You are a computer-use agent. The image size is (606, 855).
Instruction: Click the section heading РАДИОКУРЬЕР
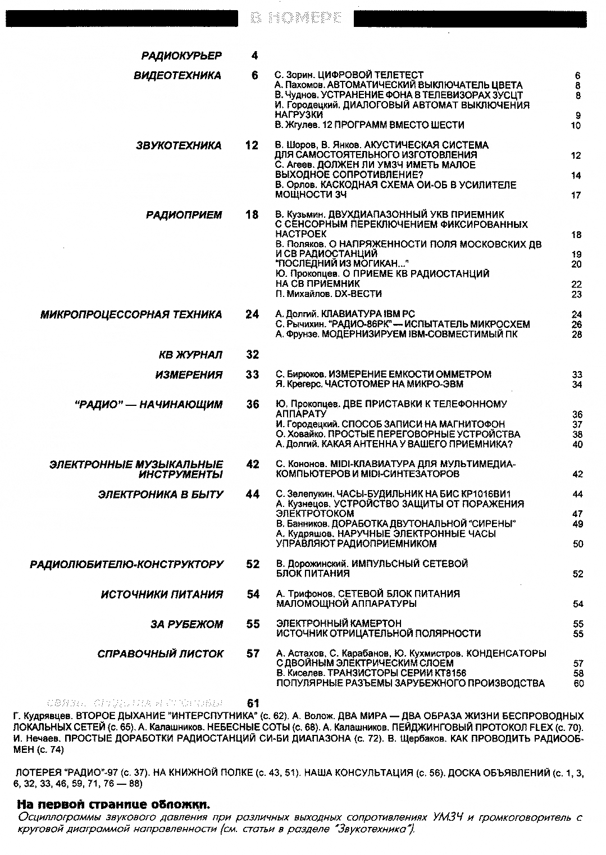pos(181,56)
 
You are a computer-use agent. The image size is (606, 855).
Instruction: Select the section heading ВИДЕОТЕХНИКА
pos(177,76)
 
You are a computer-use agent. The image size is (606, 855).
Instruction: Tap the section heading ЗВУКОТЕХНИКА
pos(179,145)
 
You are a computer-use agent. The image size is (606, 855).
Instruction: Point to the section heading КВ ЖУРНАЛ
pos(190,355)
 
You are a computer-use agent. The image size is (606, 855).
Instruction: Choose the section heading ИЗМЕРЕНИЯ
pos(189,374)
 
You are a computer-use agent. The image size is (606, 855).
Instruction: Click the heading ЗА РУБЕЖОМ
pos(186,624)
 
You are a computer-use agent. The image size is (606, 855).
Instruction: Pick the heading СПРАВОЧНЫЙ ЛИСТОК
pos(160,654)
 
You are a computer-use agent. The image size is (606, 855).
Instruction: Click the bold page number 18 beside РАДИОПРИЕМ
pos(252,214)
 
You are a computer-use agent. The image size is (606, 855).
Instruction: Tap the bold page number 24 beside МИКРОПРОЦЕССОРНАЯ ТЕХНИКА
pos(252,314)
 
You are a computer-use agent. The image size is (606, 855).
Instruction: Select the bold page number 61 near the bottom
pos(253,703)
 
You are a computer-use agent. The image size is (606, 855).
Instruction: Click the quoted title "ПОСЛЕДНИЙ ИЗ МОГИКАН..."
pos(342,264)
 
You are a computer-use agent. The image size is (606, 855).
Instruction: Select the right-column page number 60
pos(578,684)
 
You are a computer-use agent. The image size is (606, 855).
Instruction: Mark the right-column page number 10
pos(576,125)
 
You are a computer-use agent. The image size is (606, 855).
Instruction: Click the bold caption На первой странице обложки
pos(114,804)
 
